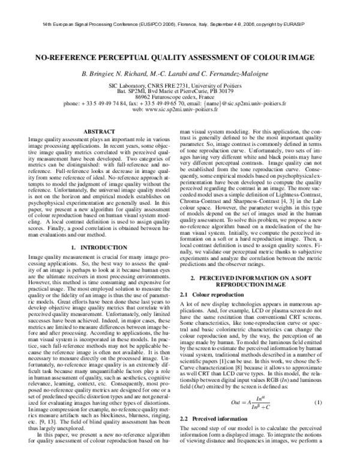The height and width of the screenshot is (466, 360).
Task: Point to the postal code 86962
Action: tap(143, 97)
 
